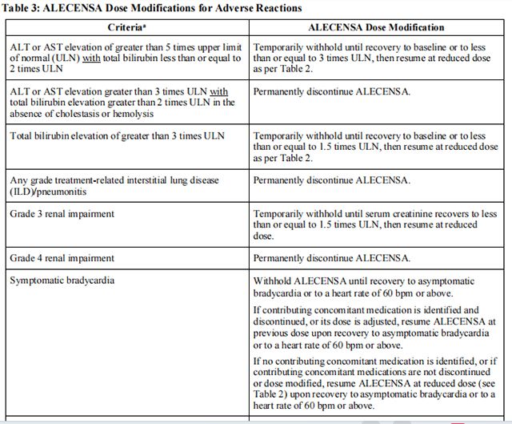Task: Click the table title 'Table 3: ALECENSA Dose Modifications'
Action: click(x=153, y=8)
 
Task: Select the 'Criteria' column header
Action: click(x=123, y=26)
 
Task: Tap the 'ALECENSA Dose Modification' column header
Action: click(x=376, y=26)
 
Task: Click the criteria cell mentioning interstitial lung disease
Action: click(x=114, y=186)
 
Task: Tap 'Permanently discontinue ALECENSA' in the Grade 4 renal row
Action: click(x=331, y=258)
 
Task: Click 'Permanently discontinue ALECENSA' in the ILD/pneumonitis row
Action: click(x=331, y=180)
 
